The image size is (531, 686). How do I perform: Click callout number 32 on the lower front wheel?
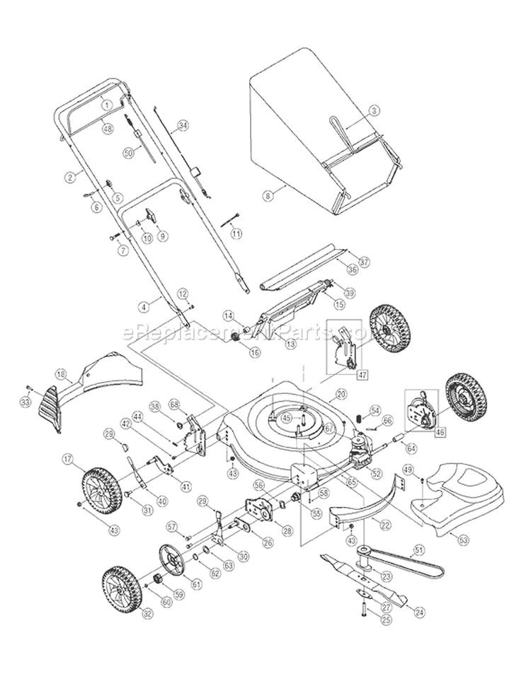pos(147,615)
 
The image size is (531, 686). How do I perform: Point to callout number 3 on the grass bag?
pos(375,110)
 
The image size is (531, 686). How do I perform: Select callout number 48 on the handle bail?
pos(108,129)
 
